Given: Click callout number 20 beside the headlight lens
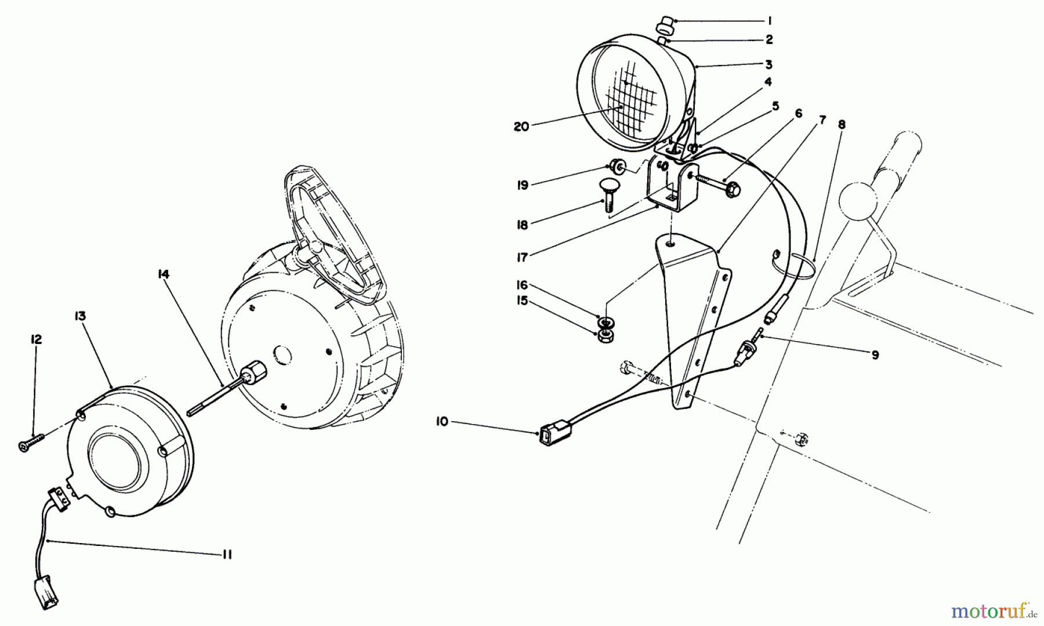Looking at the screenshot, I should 521,126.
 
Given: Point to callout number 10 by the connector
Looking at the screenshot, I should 442,422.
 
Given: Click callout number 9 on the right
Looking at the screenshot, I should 875,354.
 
